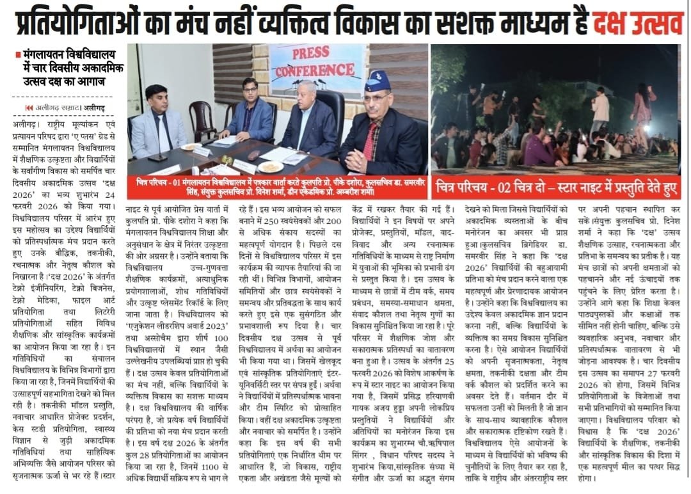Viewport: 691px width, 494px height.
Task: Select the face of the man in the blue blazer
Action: pos(250,90)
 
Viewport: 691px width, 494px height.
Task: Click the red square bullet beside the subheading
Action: pos(18,56)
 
